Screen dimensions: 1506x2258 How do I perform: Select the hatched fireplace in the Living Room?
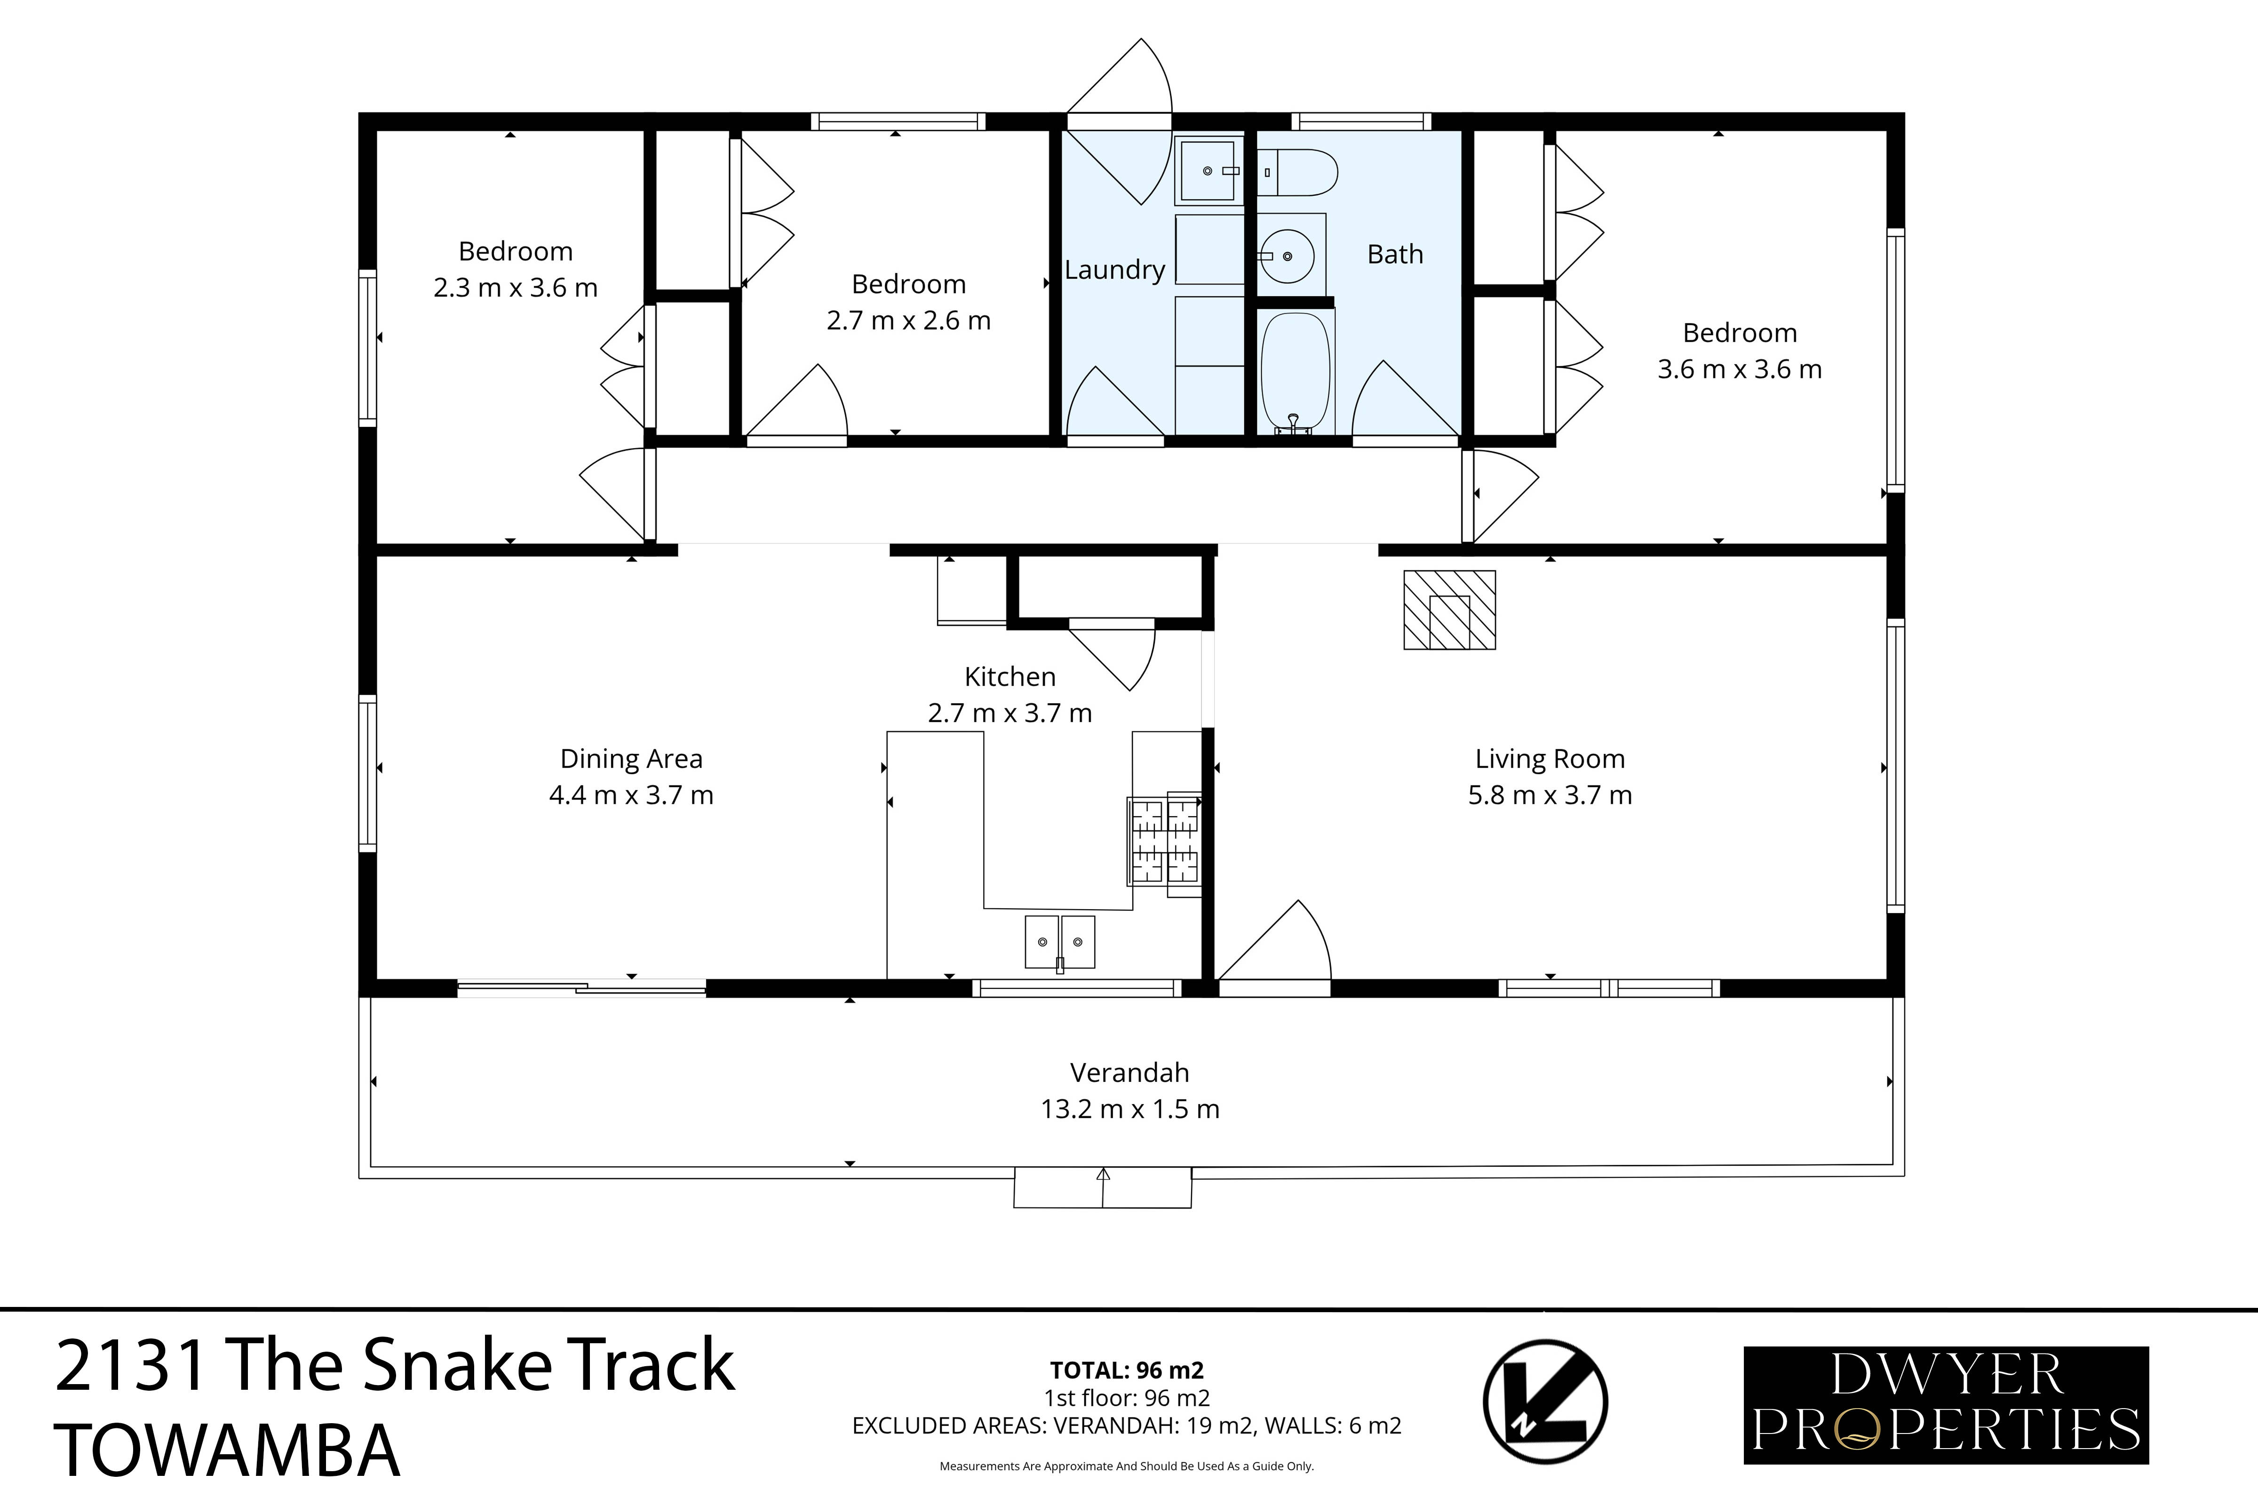1449,610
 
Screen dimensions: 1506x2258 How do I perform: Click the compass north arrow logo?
1545,1402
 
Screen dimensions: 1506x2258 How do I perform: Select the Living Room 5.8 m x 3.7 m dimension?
1550,795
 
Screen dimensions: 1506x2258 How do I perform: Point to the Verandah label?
1129,1073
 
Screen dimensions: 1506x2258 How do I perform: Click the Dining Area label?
631,759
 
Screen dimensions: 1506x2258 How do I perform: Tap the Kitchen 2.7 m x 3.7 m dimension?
1009,713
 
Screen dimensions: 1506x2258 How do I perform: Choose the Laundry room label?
1113,270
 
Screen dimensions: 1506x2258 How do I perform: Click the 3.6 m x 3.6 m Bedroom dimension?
1739,369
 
